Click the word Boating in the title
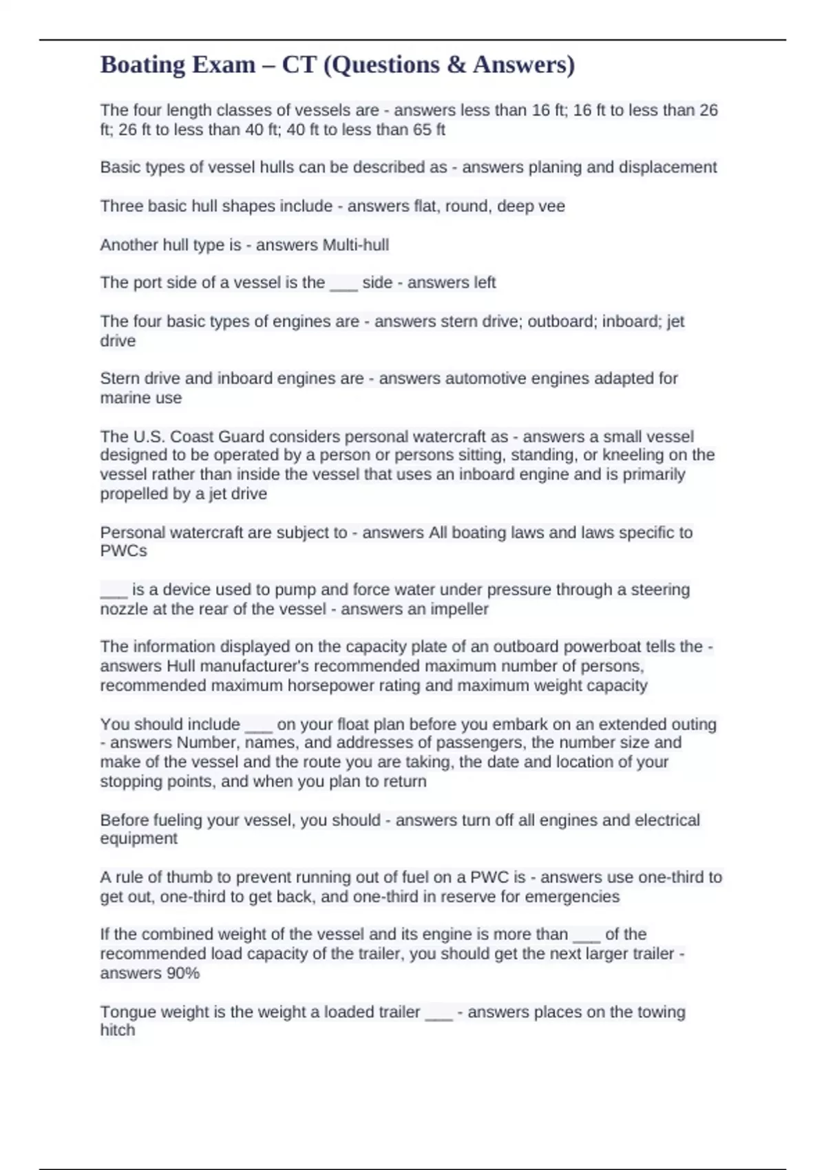point(142,65)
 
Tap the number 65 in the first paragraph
point(422,129)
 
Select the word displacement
point(667,167)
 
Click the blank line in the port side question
point(343,283)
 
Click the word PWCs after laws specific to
point(124,551)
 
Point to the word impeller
point(459,609)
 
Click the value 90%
point(183,973)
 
